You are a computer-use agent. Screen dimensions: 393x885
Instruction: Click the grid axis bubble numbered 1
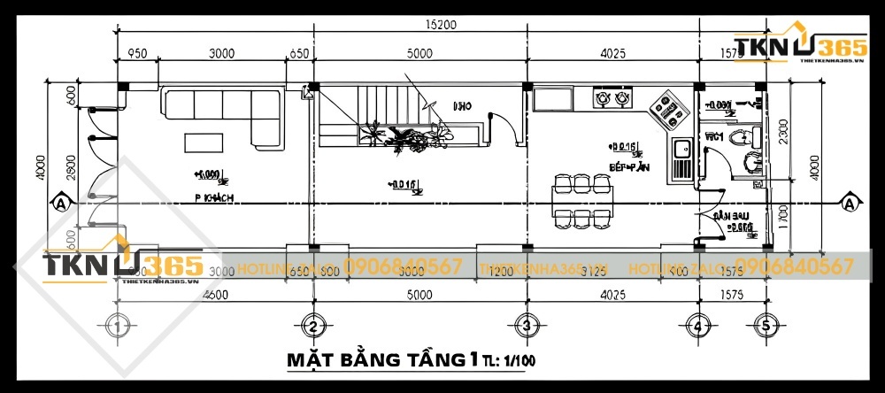tap(118, 327)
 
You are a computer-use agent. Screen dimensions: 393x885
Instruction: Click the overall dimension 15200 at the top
tap(440, 25)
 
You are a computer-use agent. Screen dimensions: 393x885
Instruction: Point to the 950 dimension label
tap(136, 54)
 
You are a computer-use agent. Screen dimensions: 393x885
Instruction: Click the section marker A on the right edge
tap(850, 204)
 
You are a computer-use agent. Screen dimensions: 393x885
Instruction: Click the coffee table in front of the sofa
tap(205, 142)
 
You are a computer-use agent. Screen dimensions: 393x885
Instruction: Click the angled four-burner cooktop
tap(668, 109)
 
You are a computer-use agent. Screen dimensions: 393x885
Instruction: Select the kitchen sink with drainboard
tap(682, 160)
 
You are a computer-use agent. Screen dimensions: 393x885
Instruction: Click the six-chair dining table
tap(581, 198)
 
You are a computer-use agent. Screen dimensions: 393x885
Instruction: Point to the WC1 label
tap(715, 137)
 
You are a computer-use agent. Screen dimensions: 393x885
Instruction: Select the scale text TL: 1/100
tap(508, 361)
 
